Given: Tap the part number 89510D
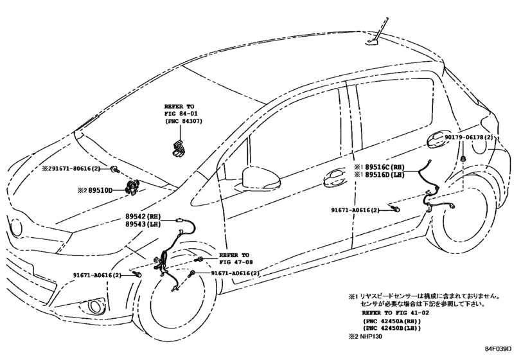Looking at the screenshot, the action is coord(100,190).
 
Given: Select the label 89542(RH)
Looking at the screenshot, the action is coord(143,217).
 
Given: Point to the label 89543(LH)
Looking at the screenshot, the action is coord(143,224).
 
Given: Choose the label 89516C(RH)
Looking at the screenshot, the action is coord(385,167).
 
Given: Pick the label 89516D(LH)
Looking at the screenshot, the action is coord(385,175).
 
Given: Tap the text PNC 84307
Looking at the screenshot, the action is coord(184,122).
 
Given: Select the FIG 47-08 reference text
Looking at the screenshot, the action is coord(236,262).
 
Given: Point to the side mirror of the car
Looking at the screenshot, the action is coord(261,179).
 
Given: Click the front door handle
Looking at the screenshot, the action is coord(335,179).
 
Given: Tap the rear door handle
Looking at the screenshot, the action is coord(439,141).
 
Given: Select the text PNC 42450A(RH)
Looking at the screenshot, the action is coord(392,321).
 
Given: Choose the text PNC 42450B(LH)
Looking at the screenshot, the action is coord(392,328).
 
